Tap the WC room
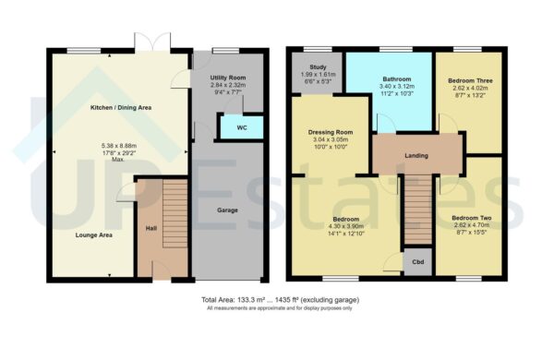tap(241, 126)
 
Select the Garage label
tap(227, 210)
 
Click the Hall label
tap(151, 227)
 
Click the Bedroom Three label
tap(470, 81)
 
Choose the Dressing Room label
tap(331, 132)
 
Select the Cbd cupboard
tap(417, 262)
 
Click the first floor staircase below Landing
tap(416, 210)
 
